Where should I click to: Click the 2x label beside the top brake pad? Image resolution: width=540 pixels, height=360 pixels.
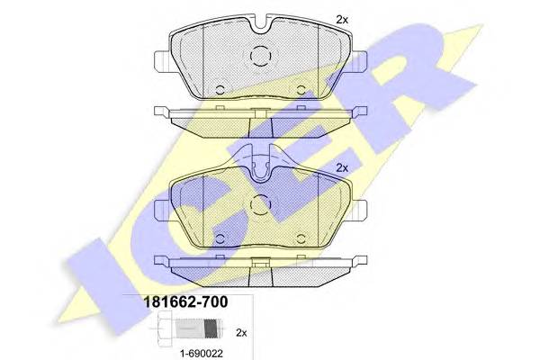point(341,18)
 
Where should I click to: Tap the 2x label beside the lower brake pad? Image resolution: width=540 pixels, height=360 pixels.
point(341,167)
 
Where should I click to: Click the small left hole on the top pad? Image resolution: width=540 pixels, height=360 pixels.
point(220,88)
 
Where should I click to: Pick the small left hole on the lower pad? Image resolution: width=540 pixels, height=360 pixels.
point(220,236)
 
